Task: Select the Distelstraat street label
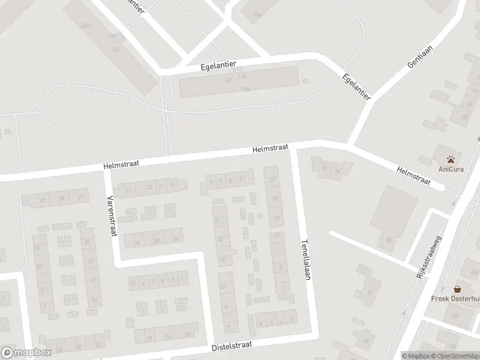click(232, 346)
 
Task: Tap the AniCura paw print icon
click(451, 159)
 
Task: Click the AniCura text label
click(451, 169)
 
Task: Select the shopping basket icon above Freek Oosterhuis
click(457, 289)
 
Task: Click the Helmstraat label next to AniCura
click(414, 175)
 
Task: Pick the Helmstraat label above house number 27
click(271, 148)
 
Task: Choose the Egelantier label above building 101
click(219, 65)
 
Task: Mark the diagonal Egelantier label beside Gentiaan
click(356, 87)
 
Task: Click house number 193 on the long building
click(245, 89)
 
